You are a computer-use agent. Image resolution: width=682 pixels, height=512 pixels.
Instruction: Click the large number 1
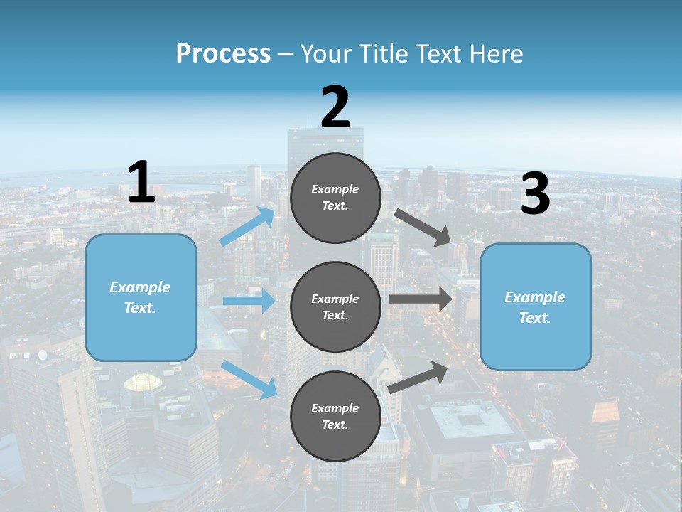(141, 183)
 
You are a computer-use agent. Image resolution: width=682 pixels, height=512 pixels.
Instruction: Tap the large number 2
(335, 107)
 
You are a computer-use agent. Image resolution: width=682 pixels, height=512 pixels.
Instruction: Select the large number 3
(535, 194)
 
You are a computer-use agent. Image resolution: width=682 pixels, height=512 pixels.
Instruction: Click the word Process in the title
(223, 53)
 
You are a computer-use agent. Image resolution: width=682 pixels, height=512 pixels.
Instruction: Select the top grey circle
(335, 198)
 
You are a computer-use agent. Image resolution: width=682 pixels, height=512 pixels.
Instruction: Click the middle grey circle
(335, 306)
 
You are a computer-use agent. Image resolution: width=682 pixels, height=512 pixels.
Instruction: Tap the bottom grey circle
(335, 416)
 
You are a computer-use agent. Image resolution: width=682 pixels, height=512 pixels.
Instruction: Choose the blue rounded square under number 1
(141, 297)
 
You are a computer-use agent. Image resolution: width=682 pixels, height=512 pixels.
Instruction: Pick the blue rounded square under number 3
(536, 306)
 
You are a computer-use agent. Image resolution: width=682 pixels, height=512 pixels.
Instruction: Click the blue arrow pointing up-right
(248, 226)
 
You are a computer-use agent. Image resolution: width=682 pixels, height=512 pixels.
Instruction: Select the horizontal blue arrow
(249, 301)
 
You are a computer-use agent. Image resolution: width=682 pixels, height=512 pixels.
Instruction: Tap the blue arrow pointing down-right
(249, 379)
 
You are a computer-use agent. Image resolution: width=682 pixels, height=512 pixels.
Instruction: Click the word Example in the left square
(140, 287)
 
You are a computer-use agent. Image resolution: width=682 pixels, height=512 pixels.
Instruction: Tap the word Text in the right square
(534, 318)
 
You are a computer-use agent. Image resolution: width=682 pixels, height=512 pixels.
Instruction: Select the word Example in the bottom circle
(335, 408)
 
